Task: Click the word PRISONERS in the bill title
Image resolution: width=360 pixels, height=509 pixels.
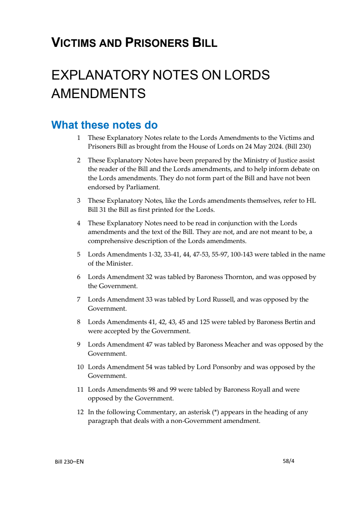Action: pyautogui.click(x=157, y=43)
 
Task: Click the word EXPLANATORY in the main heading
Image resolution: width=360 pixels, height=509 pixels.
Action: pyautogui.click(x=100, y=75)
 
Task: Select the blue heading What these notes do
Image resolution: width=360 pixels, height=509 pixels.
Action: pyautogui.click(x=104, y=125)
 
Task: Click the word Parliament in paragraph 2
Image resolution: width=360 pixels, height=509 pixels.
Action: pyautogui.click(x=142, y=187)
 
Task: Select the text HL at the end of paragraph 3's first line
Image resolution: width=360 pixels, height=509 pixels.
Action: pyautogui.click(x=311, y=201)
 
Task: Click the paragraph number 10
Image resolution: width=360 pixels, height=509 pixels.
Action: pyautogui.click(x=80, y=367)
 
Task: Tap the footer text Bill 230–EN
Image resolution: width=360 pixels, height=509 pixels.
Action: pyautogui.click(x=69, y=462)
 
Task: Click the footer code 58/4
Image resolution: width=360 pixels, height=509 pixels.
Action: pyautogui.click(x=288, y=461)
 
